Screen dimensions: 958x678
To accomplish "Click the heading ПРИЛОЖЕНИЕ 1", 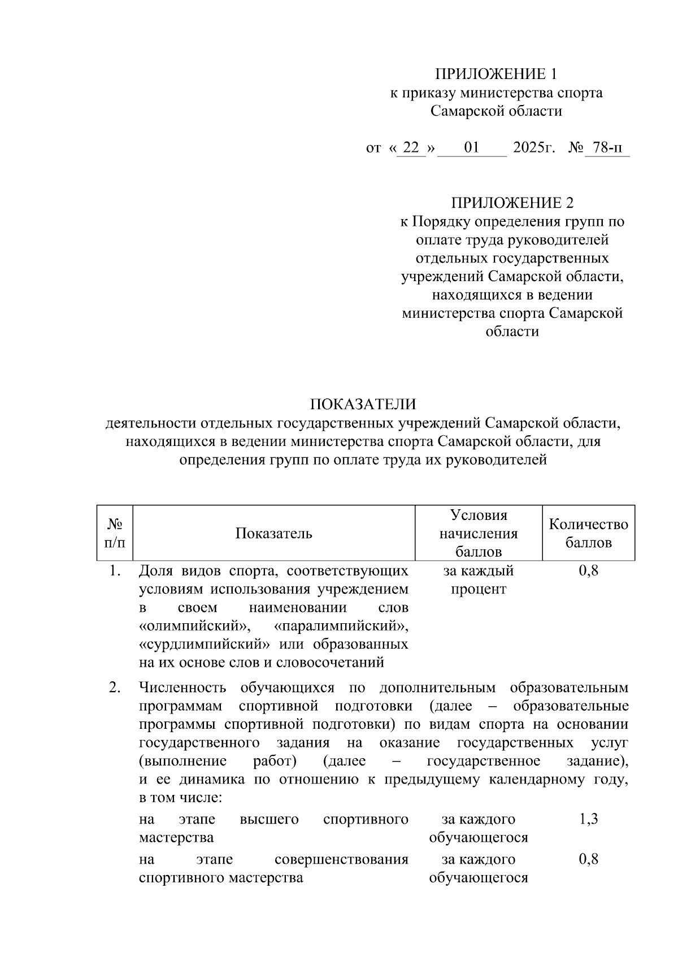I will click(496, 74).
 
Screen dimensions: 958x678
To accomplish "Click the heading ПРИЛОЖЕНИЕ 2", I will click(512, 203).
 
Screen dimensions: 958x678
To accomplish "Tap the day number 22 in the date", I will click(411, 148).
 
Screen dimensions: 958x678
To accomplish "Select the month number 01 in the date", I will click(472, 148).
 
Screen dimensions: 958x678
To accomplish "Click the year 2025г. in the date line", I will click(534, 148).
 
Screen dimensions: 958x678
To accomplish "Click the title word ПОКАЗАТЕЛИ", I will click(362, 404).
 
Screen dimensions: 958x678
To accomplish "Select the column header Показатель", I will click(273, 533).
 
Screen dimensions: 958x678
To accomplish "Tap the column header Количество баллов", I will click(588, 533).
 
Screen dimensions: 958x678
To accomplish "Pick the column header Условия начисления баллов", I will click(478, 533).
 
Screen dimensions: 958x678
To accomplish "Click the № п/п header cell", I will click(115, 533).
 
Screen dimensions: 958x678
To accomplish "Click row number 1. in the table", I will click(115, 571).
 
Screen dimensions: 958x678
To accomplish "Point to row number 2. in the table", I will click(115, 688).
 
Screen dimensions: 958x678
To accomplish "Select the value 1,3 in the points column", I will click(588, 819).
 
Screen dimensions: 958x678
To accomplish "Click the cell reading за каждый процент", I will click(478, 580).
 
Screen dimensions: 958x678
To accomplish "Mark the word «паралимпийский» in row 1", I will click(341, 626).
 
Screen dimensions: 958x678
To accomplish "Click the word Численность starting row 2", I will click(182, 688).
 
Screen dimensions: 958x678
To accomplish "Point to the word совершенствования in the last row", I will click(341, 859).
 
